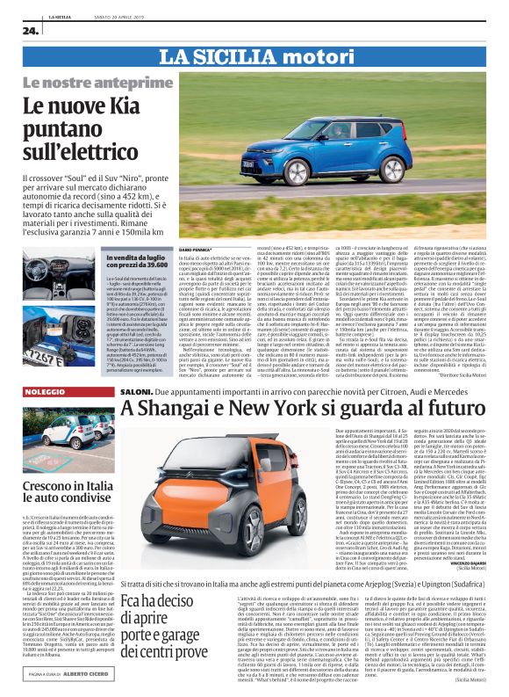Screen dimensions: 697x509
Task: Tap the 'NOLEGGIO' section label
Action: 45,390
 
